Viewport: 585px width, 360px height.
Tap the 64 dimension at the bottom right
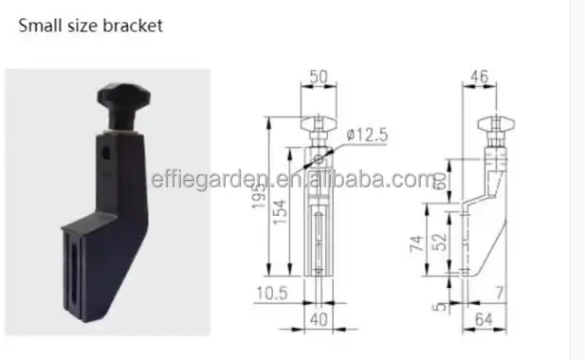tap(484, 320)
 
